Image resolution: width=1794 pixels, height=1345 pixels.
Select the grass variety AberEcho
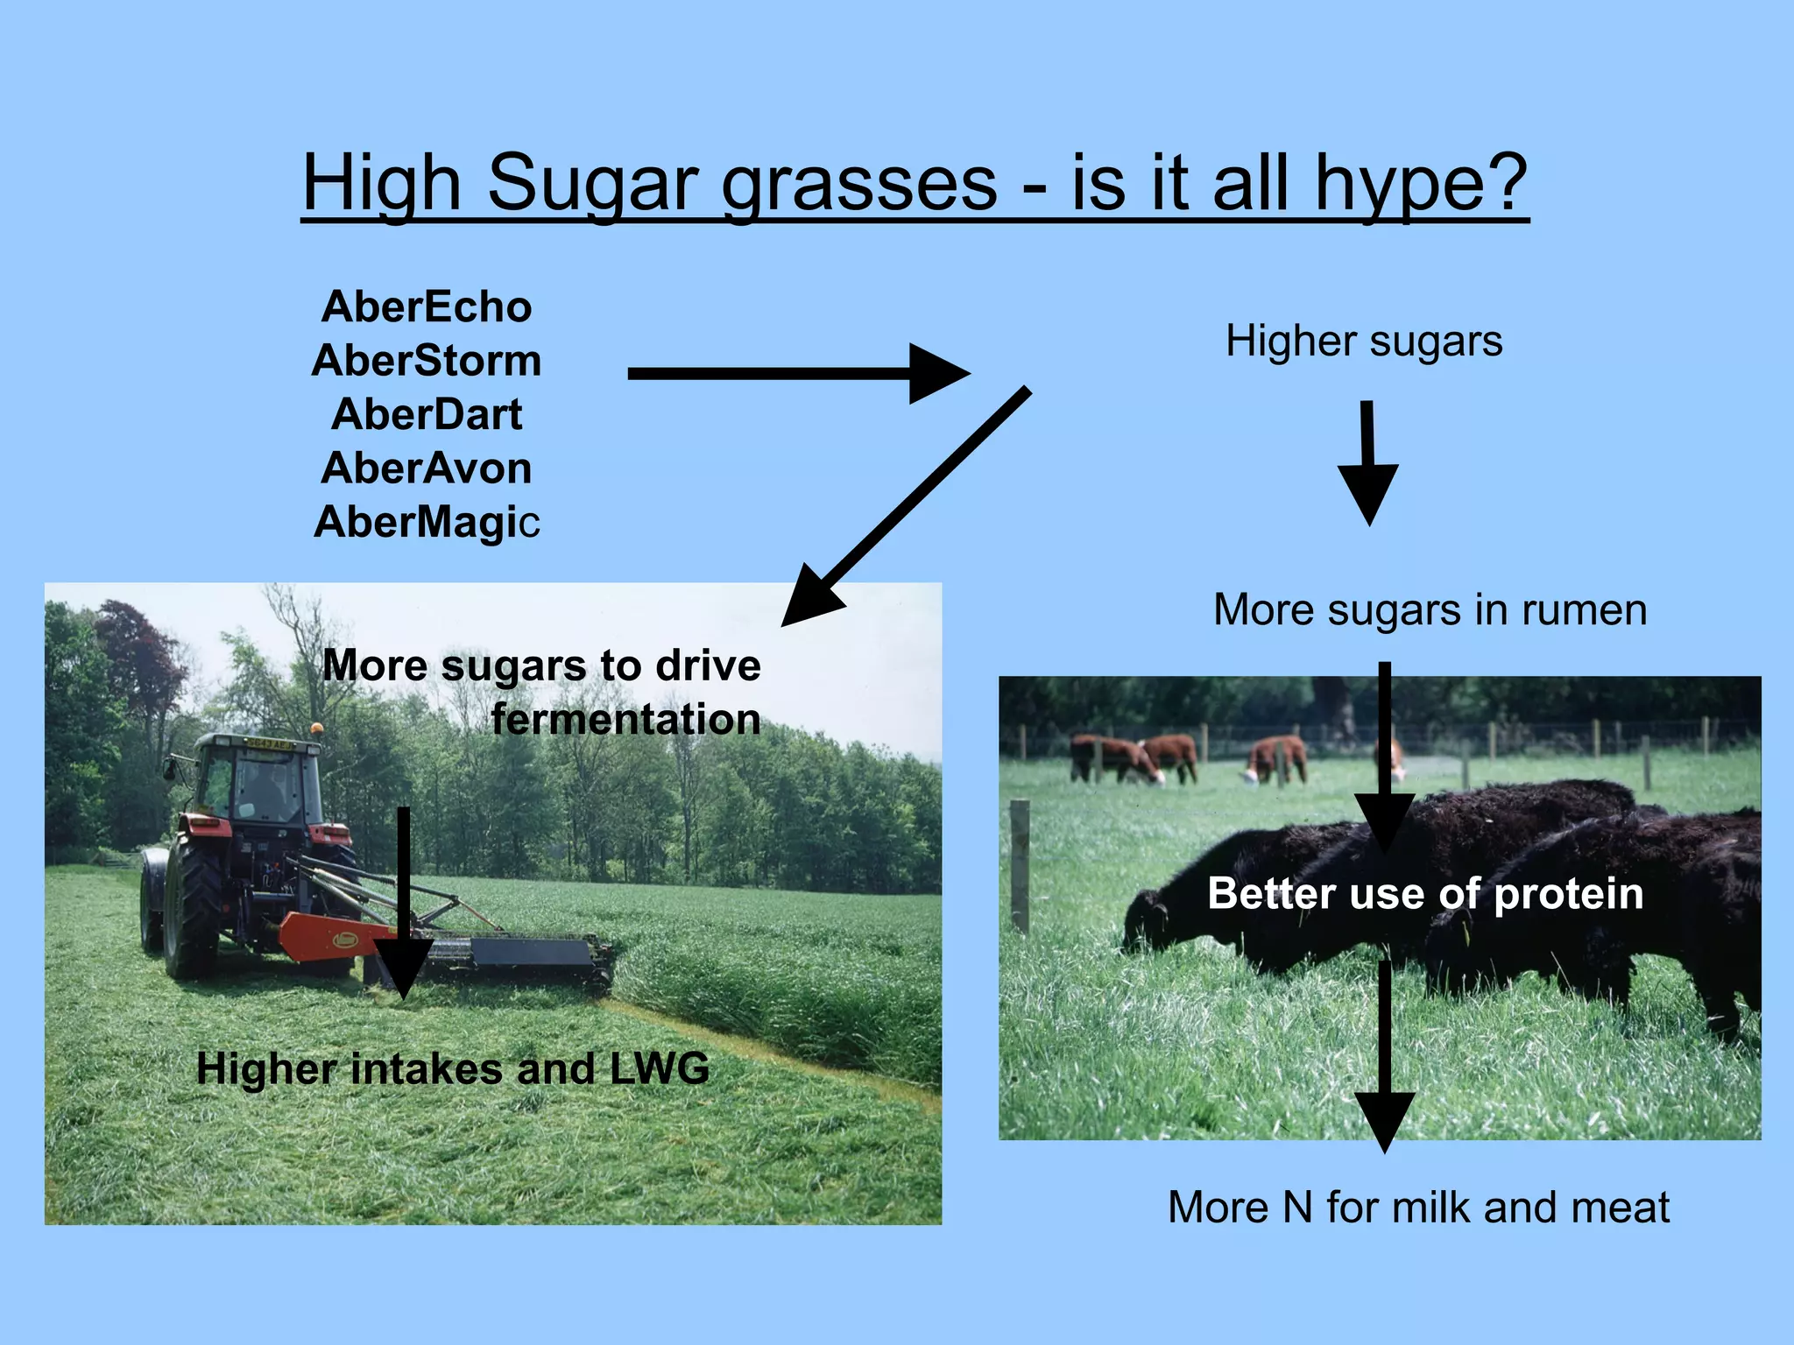point(427,307)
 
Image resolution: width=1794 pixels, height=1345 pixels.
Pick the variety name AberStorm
point(427,361)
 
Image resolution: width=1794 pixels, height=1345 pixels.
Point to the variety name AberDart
point(427,414)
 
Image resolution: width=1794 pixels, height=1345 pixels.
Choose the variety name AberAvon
point(427,468)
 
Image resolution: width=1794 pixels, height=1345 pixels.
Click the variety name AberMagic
point(427,522)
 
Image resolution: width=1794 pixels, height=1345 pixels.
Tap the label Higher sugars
point(1364,341)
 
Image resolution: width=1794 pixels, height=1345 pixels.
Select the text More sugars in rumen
point(1430,609)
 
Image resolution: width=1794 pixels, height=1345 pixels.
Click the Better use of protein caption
point(1425,894)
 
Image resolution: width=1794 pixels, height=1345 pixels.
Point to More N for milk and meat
point(1418,1207)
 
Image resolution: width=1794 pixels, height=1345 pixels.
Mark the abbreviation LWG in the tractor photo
point(659,1068)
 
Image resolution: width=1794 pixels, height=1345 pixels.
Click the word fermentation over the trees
point(625,719)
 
